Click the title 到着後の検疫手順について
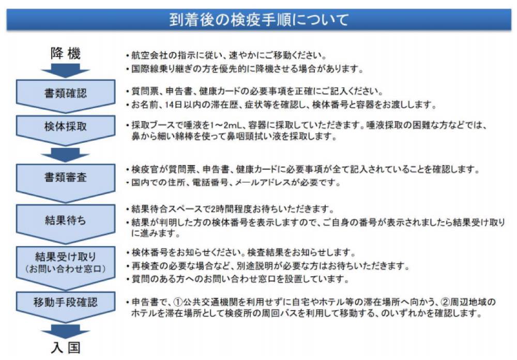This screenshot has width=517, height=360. [x=259, y=20]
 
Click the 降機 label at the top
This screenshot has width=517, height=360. [x=65, y=53]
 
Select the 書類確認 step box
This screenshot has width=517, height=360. [x=66, y=96]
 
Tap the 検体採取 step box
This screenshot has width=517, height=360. [x=66, y=130]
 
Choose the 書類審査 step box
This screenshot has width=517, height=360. [x=66, y=183]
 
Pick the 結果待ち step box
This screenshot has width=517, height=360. [x=66, y=223]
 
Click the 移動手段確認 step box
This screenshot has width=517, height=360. [x=66, y=307]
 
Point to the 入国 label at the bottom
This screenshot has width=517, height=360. [x=66, y=348]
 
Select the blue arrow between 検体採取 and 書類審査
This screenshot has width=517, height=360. [x=65, y=155]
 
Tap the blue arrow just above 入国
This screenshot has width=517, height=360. [x=65, y=331]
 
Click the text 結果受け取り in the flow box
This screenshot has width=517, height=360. [x=66, y=257]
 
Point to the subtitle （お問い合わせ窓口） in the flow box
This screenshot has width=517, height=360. [x=66, y=268]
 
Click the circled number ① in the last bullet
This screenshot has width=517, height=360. [x=178, y=302]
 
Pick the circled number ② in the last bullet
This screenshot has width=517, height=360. [x=445, y=302]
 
